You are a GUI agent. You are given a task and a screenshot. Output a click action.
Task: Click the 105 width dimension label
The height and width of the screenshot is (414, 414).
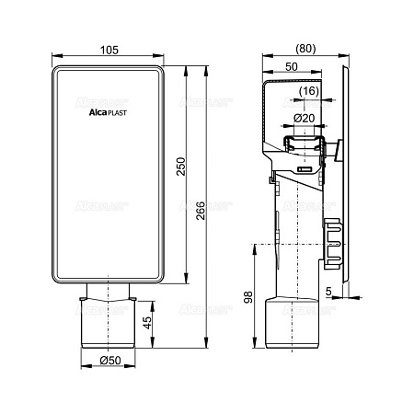(109, 50)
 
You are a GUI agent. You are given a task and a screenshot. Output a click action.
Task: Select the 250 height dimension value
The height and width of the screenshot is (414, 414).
(181, 167)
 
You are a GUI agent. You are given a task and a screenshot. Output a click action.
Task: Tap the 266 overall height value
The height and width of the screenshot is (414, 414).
(201, 211)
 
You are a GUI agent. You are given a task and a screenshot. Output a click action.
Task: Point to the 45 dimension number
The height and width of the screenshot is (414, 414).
(147, 323)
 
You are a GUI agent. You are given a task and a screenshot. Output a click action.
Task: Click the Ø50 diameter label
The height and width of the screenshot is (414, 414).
(110, 361)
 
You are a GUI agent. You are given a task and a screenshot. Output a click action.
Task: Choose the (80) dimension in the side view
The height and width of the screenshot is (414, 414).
(305, 49)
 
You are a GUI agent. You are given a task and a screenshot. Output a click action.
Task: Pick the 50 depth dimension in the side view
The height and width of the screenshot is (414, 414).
(292, 66)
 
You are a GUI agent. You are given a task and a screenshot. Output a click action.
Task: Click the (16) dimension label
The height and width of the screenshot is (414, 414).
(309, 91)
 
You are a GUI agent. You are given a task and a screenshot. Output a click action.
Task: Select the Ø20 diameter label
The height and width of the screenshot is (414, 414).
(305, 118)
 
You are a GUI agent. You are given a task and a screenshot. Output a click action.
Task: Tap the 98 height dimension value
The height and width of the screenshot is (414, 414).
(247, 297)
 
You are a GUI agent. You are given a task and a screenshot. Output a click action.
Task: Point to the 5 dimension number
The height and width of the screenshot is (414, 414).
(328, 291)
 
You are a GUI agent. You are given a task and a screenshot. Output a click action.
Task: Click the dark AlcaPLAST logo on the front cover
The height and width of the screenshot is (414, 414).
(108, 112)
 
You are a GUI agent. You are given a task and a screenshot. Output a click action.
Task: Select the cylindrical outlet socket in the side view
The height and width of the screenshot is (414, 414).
(292, 323)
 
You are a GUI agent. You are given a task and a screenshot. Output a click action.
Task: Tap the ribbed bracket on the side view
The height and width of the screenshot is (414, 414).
(332, 244)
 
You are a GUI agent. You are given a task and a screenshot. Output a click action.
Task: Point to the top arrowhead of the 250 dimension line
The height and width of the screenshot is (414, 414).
(186, 71)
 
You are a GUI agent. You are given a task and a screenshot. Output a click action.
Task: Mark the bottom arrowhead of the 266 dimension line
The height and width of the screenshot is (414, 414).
(206, 343)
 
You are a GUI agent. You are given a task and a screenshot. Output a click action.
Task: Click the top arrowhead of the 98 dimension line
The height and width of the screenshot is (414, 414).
(254, 249)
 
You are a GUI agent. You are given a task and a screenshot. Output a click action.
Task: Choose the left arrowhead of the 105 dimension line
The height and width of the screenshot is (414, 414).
(57, 55)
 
